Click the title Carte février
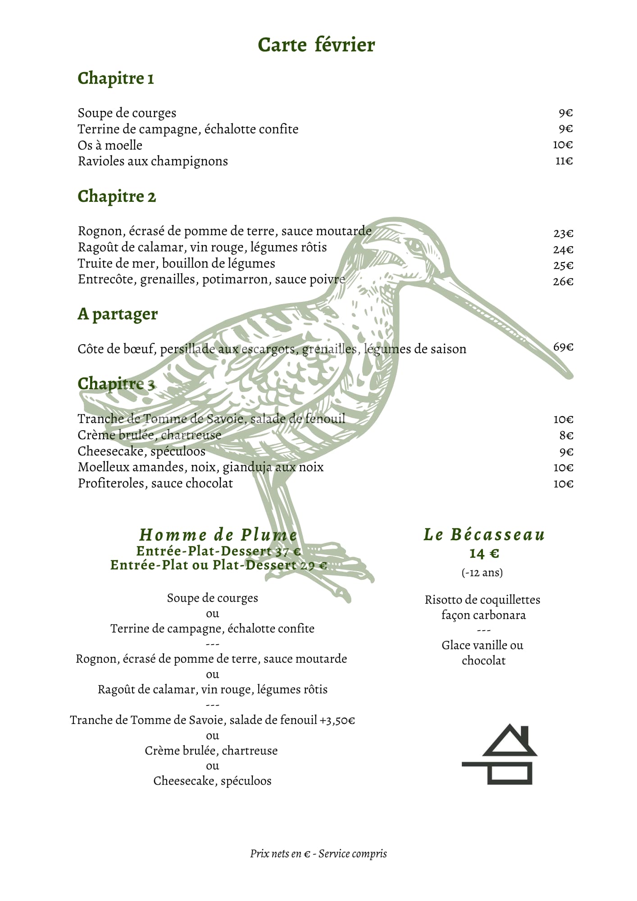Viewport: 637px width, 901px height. pyautogui.click(x=316, y=45)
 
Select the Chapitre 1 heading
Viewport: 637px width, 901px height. pyautogui.click(x=116, y=78)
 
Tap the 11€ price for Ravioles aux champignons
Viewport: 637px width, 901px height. pyautogui.click(x=564, y=161)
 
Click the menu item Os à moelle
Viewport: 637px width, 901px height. pyautogui.click(x=110, y=145)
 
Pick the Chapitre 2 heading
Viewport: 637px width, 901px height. pyautogui.click(x=117, y=196)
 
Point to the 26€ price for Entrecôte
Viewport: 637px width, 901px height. pyautogui.click(x=563, y=282)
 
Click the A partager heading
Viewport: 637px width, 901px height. pyautogui.click(x=118, y=314)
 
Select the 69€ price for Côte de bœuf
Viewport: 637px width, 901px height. pyautogui.click(x=563, y=347)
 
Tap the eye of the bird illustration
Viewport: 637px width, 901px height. pyautogui.click(x=415, y=246)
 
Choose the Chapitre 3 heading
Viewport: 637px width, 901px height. pyautogui.click(x=116, y=384)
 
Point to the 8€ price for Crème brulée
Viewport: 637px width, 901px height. pyautogui.click(x=566, y=436)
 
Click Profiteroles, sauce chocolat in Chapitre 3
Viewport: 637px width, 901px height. pyautogui.click(x=155, y=483)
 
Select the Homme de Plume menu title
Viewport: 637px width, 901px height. pyautogui.click(x=218, y=535)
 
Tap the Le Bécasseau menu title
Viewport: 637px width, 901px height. pyautogui.click(x=484, y=535)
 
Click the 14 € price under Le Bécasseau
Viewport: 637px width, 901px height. pyautogui.click(x=484, y=553)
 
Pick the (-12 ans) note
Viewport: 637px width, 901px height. pyautogui.click(x=482, y=573)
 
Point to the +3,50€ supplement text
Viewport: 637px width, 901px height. pyautogui.click(x=337, y=720)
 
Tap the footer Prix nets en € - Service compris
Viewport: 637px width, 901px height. pyautogui.click(x=318, y=854)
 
